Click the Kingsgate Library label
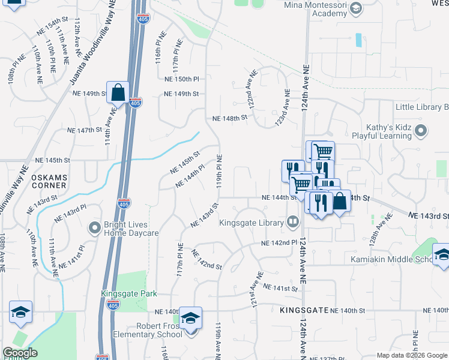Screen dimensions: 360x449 [251, 223]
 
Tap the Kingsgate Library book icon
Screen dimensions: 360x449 [292, 223]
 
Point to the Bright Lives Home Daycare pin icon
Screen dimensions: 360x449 [94, 227]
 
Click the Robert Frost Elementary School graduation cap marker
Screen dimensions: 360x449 [190, 318]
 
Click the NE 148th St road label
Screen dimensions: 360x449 [230, 118]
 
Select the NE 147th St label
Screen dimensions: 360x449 [85, 130]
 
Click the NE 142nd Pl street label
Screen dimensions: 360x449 [280, 242]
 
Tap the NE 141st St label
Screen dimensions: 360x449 [280, 288]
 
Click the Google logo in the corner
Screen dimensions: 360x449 [20, 353]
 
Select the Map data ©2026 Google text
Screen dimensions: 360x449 [412, 355]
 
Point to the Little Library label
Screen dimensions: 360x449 [420, 107]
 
